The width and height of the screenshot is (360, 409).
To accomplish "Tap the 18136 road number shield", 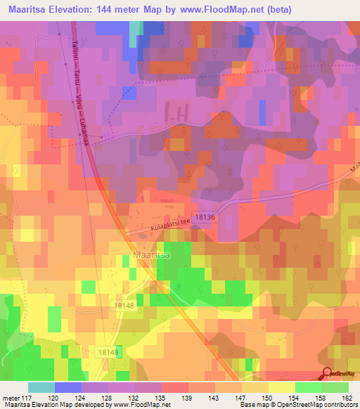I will [x=205, y=219].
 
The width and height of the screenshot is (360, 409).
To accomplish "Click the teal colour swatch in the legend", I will [x=41, y=387].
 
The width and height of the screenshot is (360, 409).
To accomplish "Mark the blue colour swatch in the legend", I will [x=68, y=387].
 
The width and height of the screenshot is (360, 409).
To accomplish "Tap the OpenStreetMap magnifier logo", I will [x=328, y=374].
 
